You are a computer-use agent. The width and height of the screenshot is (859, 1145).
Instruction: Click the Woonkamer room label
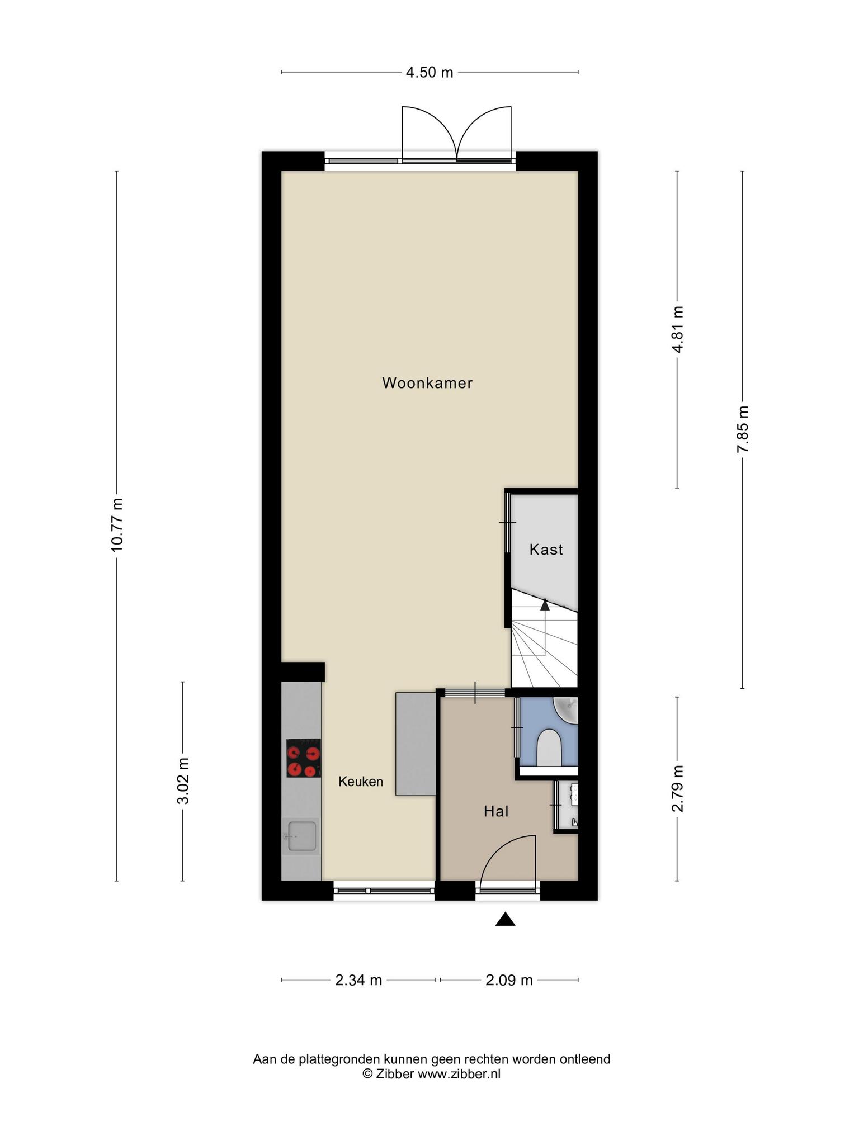click(x=427, y=383)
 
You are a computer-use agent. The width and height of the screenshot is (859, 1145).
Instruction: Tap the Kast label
click(x=546, y=550)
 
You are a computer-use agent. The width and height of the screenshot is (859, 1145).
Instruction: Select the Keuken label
click(x=361, y=782)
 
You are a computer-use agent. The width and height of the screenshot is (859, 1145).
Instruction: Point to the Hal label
click(x=496, y=811)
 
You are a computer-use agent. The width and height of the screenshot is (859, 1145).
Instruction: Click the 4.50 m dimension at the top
click(x=429, y=72)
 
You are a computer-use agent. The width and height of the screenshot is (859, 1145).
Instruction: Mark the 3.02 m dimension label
click(x=183, y=780)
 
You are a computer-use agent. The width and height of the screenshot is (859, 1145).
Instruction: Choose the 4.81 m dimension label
click(x=678, y=329)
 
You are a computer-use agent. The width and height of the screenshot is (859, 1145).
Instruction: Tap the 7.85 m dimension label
click(x=743, y=429)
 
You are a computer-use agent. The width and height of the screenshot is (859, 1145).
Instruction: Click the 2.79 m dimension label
click(x=678, y=788)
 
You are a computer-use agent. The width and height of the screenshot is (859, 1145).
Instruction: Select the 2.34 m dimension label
click(x=358, y=980)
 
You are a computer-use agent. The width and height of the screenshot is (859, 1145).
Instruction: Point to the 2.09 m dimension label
click(x=509, y=980)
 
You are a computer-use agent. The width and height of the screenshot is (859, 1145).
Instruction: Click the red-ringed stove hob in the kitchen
click(x=304, y=758)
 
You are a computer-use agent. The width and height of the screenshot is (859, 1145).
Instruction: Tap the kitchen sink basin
click(x=301, y=836)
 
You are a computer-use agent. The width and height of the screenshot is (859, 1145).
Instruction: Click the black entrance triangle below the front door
click(x=505, y=919)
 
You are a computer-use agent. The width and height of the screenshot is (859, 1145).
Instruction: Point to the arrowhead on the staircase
click(x=545, y=604)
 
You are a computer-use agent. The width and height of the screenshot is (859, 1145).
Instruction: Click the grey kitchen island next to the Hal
click(x=416, y=744)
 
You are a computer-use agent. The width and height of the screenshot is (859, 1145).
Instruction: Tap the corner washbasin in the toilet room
click(x=566, y=710)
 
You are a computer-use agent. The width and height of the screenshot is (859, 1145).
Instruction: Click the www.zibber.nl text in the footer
click(x=459, y=1074)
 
